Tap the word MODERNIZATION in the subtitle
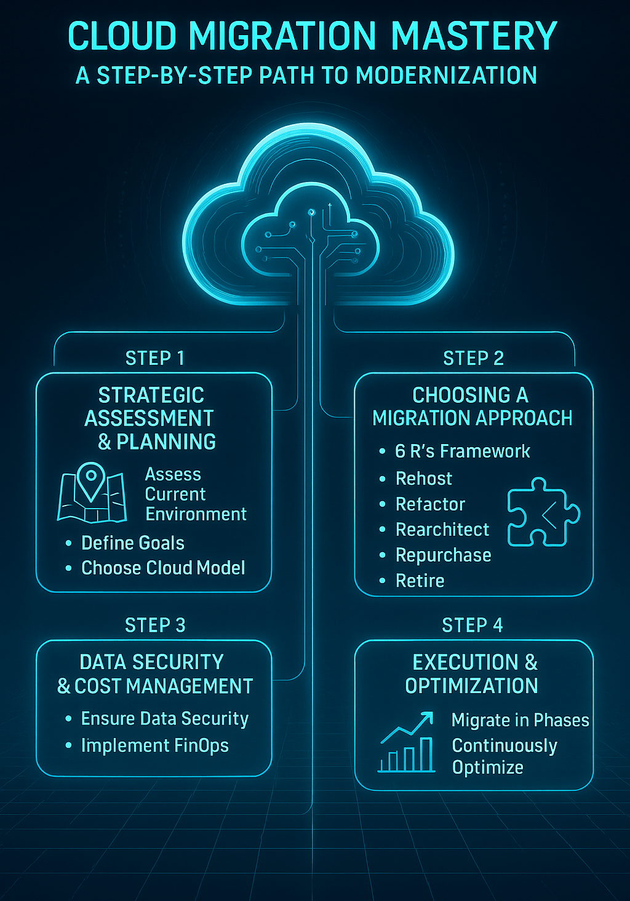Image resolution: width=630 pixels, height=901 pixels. click(446, 76)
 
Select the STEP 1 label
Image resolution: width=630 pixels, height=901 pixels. click(155, 358)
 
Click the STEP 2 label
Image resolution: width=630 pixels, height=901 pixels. click(473, 358)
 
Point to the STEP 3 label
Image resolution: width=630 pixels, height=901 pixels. click(155, 625)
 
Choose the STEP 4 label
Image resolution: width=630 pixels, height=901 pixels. click(472, 625)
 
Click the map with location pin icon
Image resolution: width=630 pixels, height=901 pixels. click(92, 493)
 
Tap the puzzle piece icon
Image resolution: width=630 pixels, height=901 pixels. click(543, 512)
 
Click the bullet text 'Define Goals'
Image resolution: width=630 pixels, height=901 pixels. click(133, 543)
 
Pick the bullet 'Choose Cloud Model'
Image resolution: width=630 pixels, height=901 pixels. click(163, 568)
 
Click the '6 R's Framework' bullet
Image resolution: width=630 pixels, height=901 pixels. click(462, 451)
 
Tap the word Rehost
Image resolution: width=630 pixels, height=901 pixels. click(424, 478)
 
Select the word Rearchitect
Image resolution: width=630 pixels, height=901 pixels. click(442, 530)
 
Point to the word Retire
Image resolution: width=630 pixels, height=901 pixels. click(420, 581)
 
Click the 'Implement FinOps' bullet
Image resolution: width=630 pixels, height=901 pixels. click(154, 745)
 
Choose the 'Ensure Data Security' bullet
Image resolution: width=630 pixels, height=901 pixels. click(165, 718)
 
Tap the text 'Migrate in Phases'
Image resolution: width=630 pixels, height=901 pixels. click(520, 720)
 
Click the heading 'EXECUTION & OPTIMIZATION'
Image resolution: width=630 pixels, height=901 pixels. click(472, 674)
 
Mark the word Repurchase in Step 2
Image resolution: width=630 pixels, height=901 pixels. click(443, 555)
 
